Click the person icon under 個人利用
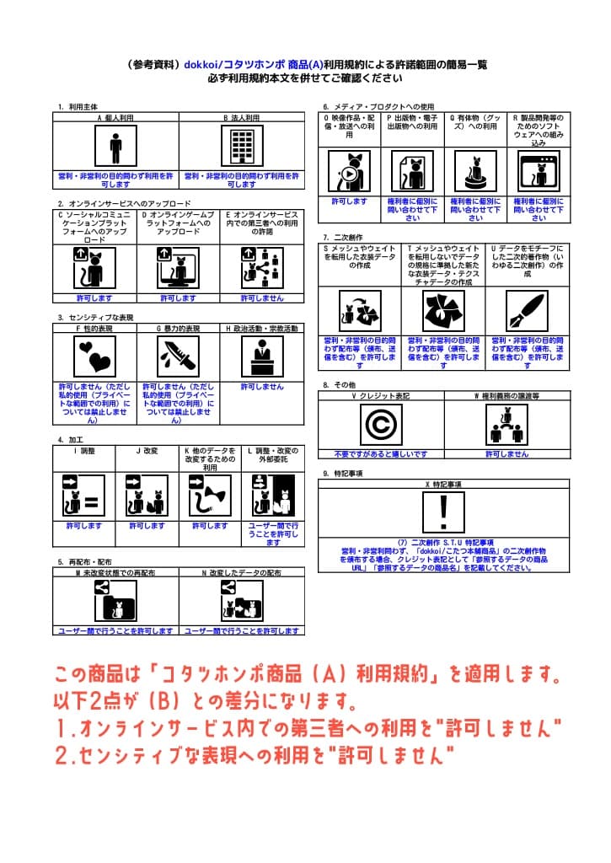(115, 147)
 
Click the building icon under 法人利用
(242, 147)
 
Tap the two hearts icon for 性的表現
(94, 356)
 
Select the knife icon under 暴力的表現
(178, 356)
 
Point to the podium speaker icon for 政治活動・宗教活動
(261, 356)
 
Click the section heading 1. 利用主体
(78, 107)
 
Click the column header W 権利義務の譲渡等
(506, 394)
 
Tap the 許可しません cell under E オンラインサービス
(261, 297)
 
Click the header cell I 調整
(83, 450)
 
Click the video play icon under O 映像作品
(348, 172)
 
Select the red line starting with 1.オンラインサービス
(308, 728)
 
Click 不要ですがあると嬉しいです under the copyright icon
(380, 453)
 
